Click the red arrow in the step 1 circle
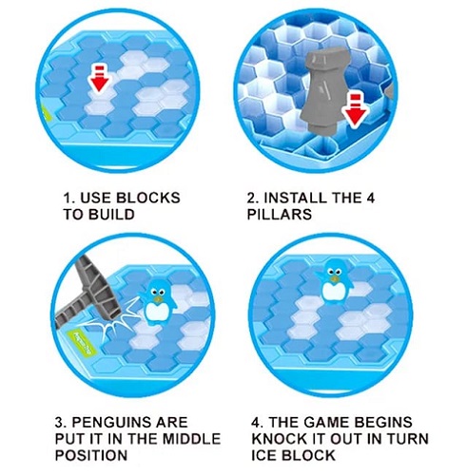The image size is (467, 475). point(100,78)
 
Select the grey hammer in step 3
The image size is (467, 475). point(88,294)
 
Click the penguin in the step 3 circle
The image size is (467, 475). point(158,302)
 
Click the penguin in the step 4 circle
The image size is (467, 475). point(334,280)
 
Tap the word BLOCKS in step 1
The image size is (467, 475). point(148,198)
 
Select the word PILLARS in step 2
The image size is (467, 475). point(280,215)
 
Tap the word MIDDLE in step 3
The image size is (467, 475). point(191,439)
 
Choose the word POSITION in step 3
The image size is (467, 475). point(91,455)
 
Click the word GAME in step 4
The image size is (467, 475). point(325,423)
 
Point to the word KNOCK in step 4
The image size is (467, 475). point(279,439)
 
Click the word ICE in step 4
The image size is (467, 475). point(264,455)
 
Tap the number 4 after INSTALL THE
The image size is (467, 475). point(370,198)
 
